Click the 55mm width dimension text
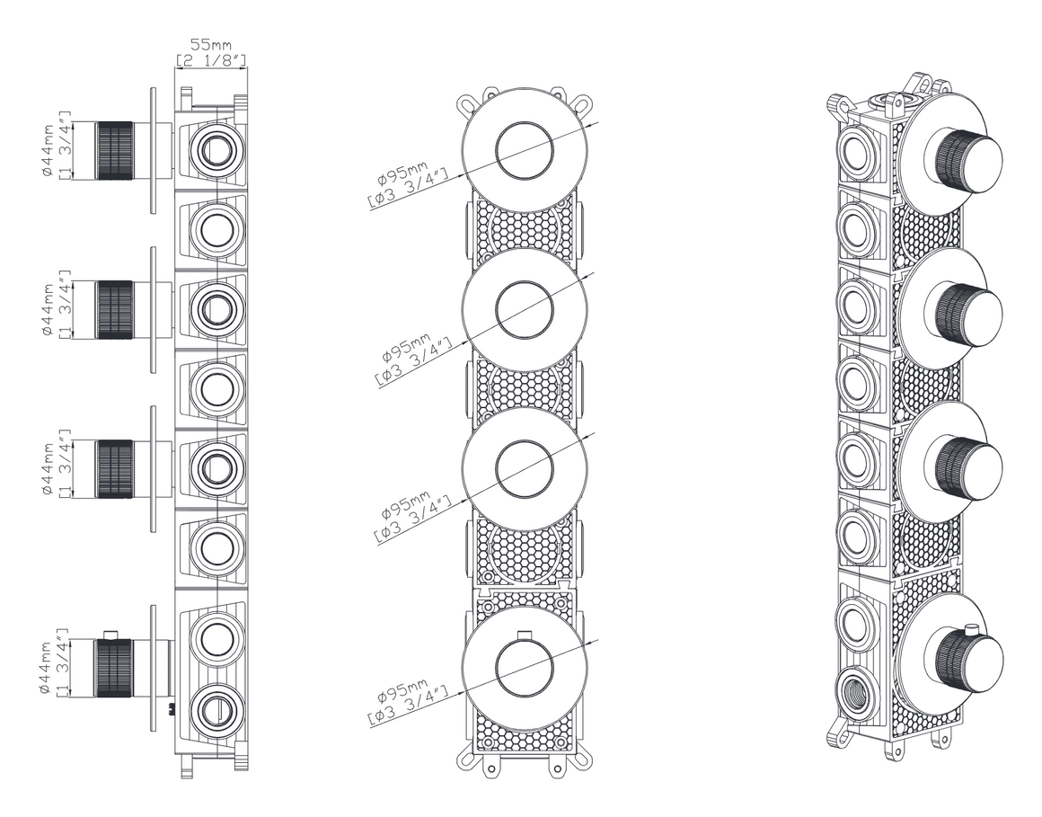coord(211,45)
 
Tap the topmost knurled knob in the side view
coord(115,150)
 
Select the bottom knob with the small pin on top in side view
coord(114,667)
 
